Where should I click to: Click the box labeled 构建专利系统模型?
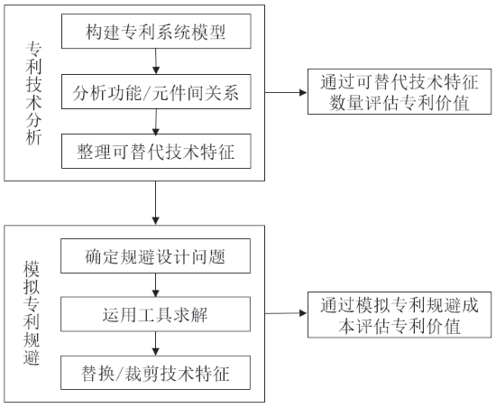156,31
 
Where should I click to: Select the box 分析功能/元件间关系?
156,92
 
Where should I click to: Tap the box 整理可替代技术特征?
156,151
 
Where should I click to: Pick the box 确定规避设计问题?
156,255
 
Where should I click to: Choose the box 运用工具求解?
156,314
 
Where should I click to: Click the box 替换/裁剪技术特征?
156,373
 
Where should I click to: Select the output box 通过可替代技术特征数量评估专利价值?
400,91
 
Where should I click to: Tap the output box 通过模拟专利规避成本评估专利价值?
400,315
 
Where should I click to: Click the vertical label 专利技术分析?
33,93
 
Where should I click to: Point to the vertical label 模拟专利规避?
32,313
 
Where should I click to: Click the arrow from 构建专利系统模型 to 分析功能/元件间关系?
156,61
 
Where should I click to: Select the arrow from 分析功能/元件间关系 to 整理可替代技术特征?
156,122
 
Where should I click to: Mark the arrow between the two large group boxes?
155,203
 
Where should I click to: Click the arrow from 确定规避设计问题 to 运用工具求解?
155,285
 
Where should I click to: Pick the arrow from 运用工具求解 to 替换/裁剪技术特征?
155,343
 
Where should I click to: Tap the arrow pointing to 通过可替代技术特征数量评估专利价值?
286,92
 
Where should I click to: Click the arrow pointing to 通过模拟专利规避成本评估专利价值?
286,313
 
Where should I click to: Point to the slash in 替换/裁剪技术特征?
119,374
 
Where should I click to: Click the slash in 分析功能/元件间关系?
147,93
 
